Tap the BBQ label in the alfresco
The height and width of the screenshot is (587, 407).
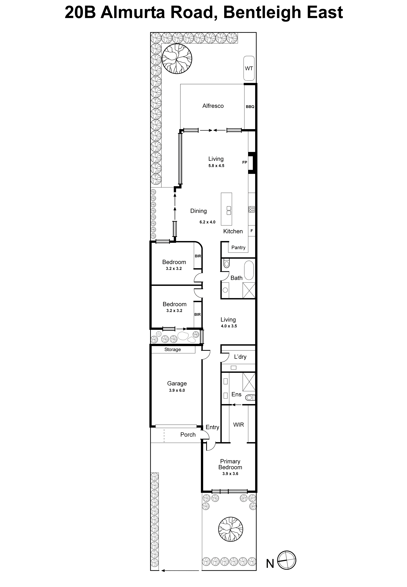coord(250,107)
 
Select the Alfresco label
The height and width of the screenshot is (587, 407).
coord(213,106)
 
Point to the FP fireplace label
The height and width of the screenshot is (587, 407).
coord(245,162)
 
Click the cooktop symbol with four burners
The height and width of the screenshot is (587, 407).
coord(252,209)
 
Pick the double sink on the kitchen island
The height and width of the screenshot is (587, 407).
coord(229,210)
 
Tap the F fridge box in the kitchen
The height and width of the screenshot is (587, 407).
coord(252,231)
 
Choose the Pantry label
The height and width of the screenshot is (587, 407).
coord(238,247)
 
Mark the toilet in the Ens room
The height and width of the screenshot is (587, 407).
coord(250,398)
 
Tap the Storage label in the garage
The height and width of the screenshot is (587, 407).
coord(172,349)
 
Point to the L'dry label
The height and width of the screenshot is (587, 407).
coord(240,357)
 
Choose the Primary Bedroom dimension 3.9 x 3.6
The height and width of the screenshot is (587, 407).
coord(230,474)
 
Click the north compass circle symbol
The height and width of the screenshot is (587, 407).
coord(287,560)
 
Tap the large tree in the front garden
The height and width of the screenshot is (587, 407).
coord(230,530)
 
